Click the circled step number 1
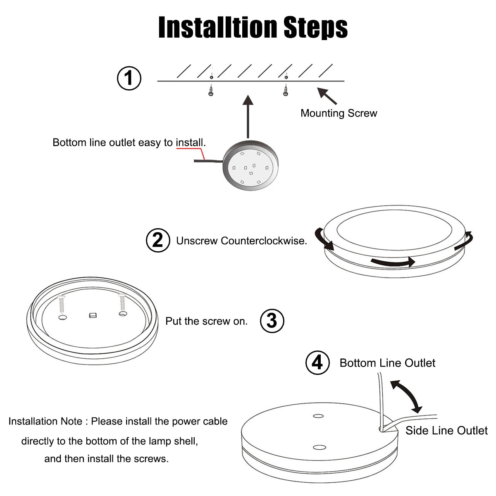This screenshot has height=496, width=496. coord(129,78)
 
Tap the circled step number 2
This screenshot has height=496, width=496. coord(158,240)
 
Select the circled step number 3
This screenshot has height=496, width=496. coord(272,320)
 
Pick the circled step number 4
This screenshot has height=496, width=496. coord(317,362)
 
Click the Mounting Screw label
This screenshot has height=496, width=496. coord(339,113)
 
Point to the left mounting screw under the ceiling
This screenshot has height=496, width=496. coord(211,90)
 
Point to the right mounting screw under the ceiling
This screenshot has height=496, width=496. coord(285,90)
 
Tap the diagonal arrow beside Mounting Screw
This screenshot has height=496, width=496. coord(327,95)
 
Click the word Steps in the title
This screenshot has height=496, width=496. coord(315,27)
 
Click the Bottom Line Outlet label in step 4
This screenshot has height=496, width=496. coord(387,363)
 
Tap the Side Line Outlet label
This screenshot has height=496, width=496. coord(446,431)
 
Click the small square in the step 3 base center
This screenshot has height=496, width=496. coord(92,316)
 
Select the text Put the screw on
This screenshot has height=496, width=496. coord(206,321)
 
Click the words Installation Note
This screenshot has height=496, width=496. coord(45,421)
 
